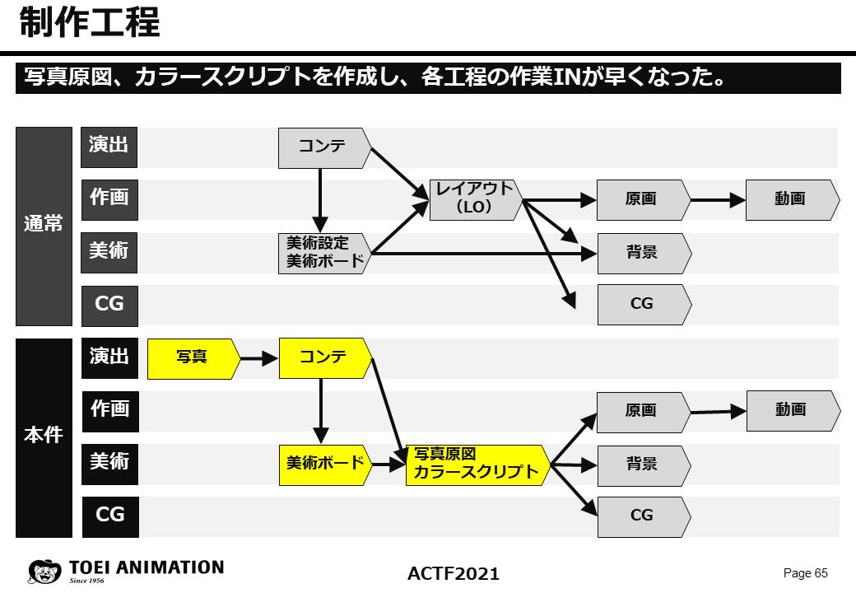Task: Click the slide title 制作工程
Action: [x=89, y=23]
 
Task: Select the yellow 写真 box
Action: [x=193, y=358]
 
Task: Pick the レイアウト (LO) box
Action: [x=474, y=199]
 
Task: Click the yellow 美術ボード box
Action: [x=324, y=463]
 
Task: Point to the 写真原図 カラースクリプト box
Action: [x=477, y=465]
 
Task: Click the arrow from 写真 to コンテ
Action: [x=259, y=358]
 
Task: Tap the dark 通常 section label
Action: [x=44, y=226]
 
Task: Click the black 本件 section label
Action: [x=44, y=437]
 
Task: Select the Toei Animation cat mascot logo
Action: [x=44, y=571]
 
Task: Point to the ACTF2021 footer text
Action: [x=453, y=573]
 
